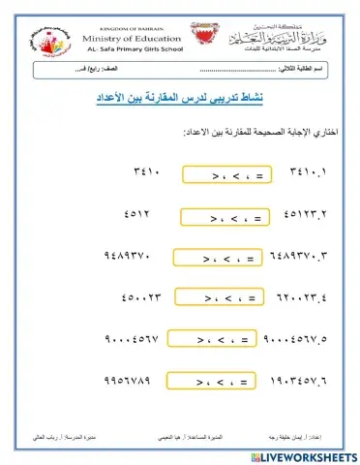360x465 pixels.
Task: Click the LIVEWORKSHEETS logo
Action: pos(308,454)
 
